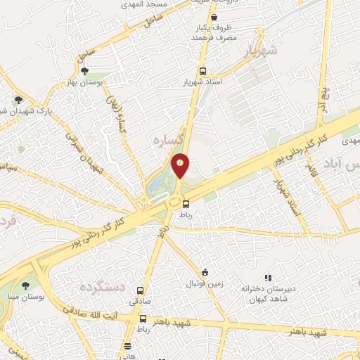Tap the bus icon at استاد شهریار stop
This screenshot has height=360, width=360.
pyautogui.click(x=202, y=72)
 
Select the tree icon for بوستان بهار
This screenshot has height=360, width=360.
pyautogui.click(x=85, y=70)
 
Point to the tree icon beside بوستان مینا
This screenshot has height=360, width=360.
pyautogui.click(x=26, y=285)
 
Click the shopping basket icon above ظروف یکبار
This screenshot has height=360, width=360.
pyautogui.click(x=214, y=17)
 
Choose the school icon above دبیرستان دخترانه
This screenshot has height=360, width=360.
pyautogui.click(x=266, y=278)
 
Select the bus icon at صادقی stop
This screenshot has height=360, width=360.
pyautogui.click(x=141, y=290)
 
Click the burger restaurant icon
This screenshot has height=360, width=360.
pyautogui.click(x=127, y=346)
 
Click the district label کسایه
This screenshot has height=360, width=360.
pyautogui.click(x=170, y=141)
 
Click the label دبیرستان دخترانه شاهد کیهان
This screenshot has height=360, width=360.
pyautogui.click(x=266, y=294)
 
